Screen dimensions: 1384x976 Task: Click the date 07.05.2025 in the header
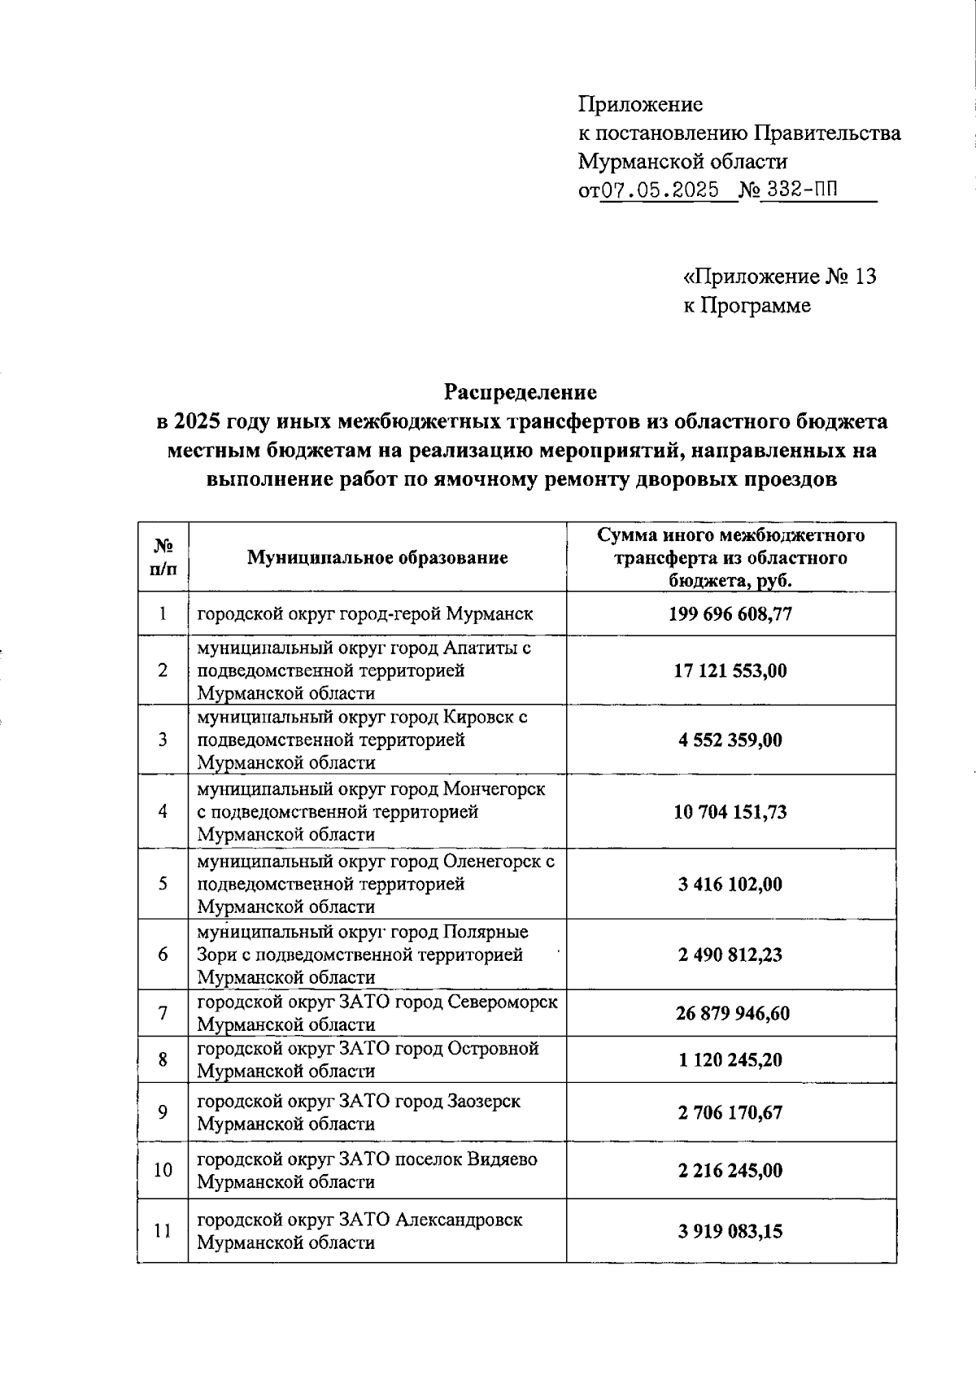[x=660, y=190]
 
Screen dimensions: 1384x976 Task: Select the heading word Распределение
[x=521, y=392]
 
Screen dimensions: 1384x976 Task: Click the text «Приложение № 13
[x=779, y=277]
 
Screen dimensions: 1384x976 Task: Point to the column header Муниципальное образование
[x=377, y=557]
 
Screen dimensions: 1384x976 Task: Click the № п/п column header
[x=163, y=557]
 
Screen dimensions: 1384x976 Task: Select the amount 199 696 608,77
[x=730, y=613]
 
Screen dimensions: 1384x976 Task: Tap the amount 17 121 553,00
[x=730, y=670]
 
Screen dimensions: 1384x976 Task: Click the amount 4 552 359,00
[x=730, y=740]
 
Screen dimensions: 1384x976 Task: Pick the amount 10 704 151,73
[x=730, y=812]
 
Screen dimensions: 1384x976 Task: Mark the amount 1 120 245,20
[x=730, y=1060]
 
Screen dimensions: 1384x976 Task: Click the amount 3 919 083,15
[x=730, y=1231]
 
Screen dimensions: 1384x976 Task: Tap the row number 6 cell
[x=163, y=954]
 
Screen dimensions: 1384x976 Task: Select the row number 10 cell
[x=163, y=1170]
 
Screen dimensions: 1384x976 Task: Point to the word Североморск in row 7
[x=503, y=1002]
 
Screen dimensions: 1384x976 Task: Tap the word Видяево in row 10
[x=501, y=1159]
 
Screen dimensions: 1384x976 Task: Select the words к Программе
[x=747, y=306]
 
